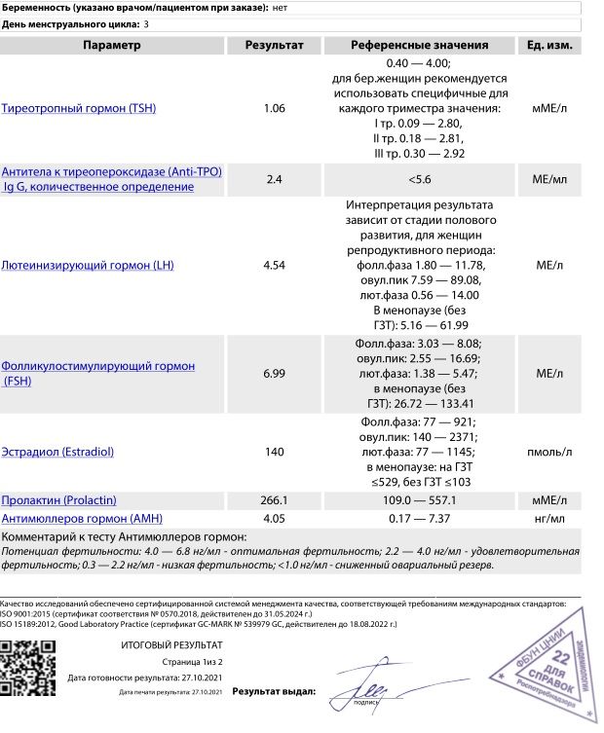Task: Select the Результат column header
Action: pyautogui.click(x=274, y=46)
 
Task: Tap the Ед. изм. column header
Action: pyautogui.click(x=549, y=46)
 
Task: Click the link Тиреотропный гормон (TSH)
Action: pyautogui.click(x=79, y=108)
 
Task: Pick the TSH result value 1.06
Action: pyautogui.click(x=274, y=108)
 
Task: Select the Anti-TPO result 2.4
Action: pyautogui.click(x=274, y=179)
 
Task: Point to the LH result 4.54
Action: pyautogui.click(x=274, y=265)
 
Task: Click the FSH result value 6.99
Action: pyautogui.click(x=274, y=374)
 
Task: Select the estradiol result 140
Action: pyautogui.click(x=274, y=453)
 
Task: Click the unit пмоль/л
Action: pyautogui.click(x=549, y=453)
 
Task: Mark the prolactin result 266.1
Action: pyautogui.click(x=274, y=500)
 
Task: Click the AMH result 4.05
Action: pyautogui.click(x=274, y=518)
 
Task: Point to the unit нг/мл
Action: pyautogui.click(x=549, y=518)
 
